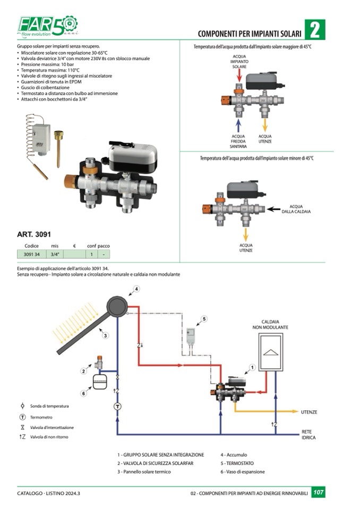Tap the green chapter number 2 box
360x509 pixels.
(315, 30)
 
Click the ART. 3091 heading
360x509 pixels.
(34, 234)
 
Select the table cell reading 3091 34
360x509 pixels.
(32, 254)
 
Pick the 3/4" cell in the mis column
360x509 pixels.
(55, 254)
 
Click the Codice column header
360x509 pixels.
(32, 246)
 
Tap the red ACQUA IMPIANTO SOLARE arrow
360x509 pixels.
(239, 76)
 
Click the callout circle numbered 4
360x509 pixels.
(136, 289)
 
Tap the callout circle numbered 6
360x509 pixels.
(83, 393)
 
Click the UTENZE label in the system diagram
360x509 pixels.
(309, 412)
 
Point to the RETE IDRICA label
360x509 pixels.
(309, 435)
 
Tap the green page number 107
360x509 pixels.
(319, 493)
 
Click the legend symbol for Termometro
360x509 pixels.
(22, 417)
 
